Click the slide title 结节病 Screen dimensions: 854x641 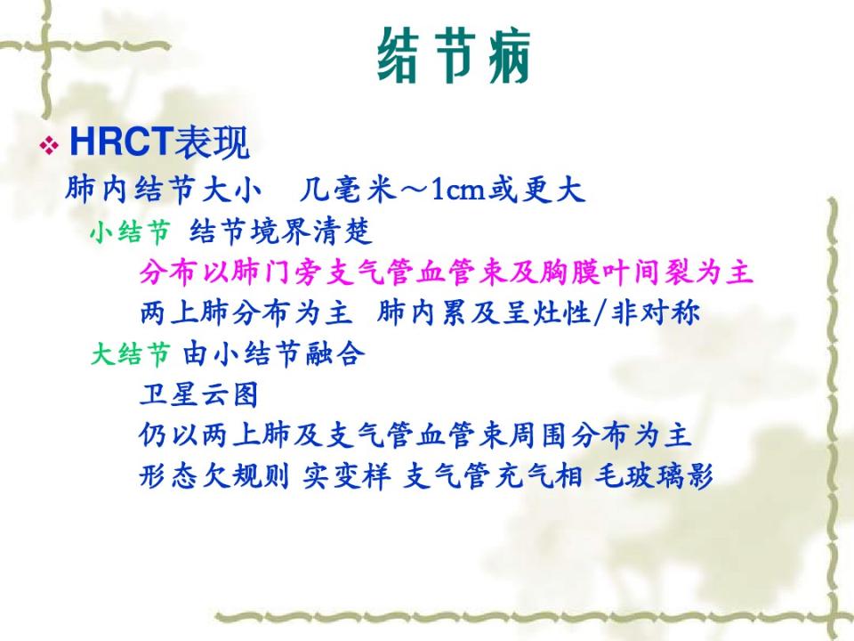pyautogui.click(x=454, y=55)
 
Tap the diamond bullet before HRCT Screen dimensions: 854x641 pyautogui.click(x=49, y=145)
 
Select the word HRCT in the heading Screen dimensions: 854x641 pyautogui.click(x=121, y=142)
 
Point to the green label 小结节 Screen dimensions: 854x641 pyautogui.click(x=130, y=232)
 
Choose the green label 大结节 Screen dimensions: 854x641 pyautogui.click(x=130, y=354)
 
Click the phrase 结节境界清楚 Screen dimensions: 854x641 pyautogui.click(x=281, y=231)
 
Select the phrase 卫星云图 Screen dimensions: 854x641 pyautogui.click(x=198, y=394)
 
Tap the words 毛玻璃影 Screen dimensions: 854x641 pyautogui.click(x=654, y=476)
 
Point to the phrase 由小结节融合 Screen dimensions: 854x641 pyautogui.click(x=273, y=354)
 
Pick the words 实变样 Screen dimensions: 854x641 pyautogui.click(x=346, y=476)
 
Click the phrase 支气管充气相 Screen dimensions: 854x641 pyautogui.click(x=492, y=476)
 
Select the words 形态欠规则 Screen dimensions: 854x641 pyautogui.click(x=214, y=476)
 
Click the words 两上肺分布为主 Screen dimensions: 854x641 pyautogui.click(x=246, y=312)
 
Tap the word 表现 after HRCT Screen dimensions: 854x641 pyautogui.click(x=212, y=142)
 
